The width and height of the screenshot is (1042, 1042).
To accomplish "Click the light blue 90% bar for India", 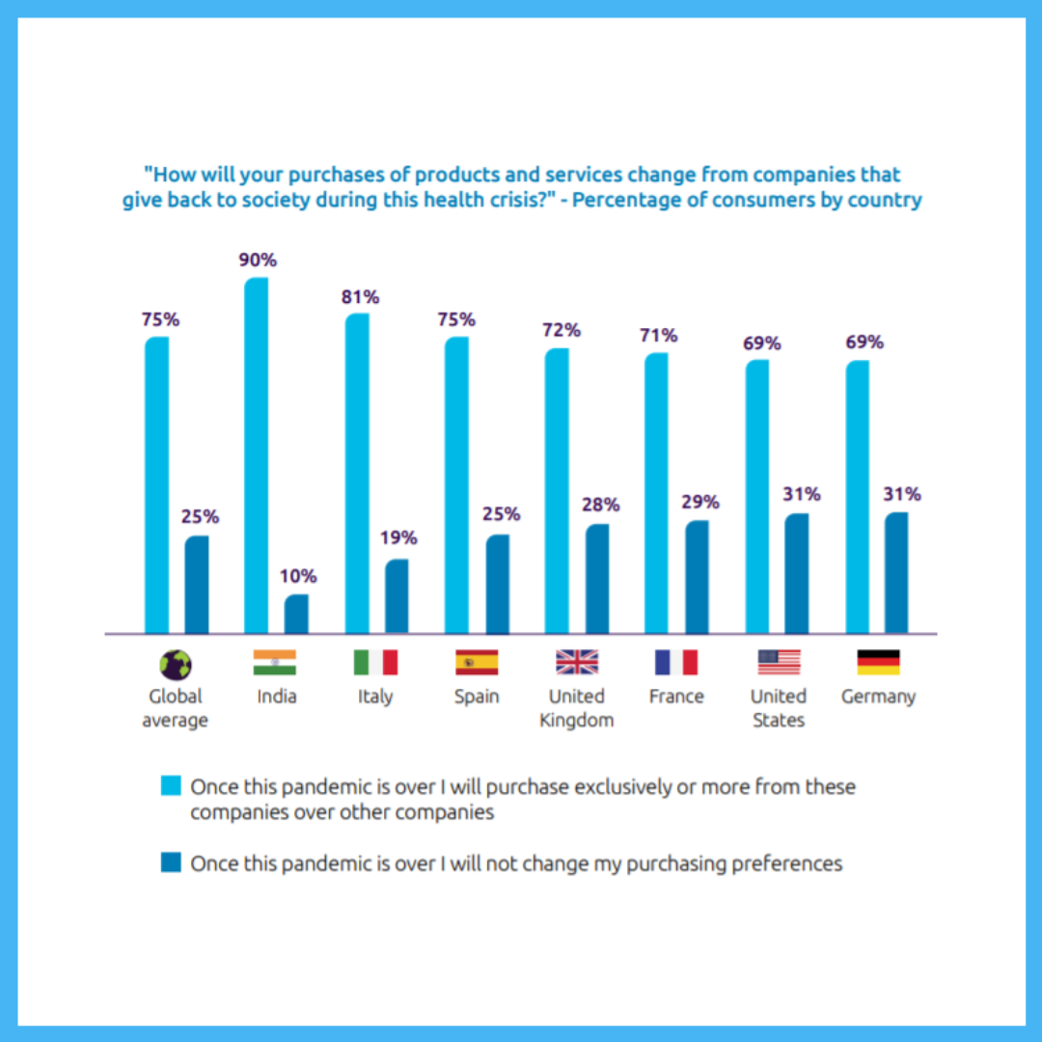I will click(256, 455).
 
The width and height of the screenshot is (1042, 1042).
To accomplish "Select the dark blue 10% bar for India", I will click(296, 615).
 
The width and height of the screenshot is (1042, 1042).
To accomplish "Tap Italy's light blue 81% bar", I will click(356, 474).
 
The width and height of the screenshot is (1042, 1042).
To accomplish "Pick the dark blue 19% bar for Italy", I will click(397, 596).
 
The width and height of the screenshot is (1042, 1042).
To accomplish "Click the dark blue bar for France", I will click(697, 577).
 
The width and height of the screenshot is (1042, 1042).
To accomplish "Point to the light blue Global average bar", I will click(156, 485).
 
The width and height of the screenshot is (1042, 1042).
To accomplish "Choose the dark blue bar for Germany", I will click(896, 573).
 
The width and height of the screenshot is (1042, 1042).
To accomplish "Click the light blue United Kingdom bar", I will click(557, 491).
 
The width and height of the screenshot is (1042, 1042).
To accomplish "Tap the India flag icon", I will click(275, 662).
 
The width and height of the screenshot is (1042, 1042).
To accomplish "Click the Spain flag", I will click(477, 662).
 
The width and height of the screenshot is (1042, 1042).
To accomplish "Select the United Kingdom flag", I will click(577, 662).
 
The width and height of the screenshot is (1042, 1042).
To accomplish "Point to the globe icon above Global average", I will click(176, 664).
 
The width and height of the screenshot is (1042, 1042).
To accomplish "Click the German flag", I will click(878, 662).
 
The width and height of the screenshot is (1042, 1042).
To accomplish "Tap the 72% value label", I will click(562, 330).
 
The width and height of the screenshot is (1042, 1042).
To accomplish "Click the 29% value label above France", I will click(700, 502).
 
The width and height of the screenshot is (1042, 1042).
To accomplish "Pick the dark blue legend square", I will click(171, 864).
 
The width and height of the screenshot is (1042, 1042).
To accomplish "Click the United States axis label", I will click(778, 708).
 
